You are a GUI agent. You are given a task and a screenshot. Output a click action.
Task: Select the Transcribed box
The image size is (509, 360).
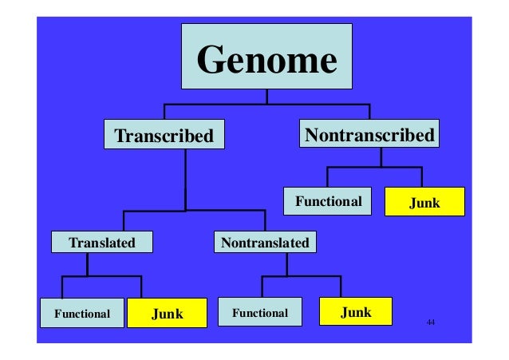pos(164,135)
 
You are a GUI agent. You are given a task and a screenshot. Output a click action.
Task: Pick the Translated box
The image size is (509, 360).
pos(101,241)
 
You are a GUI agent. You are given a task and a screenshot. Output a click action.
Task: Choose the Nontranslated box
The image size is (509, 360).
pos(264,241)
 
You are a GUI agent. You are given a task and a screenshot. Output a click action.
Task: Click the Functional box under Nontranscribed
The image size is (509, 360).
pos(329,201)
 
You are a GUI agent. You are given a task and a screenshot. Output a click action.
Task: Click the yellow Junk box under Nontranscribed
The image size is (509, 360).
pos(424,203)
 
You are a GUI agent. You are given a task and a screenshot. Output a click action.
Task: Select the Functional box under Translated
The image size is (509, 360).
pos(81,313)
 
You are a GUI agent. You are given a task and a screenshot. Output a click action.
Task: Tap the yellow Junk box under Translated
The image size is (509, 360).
pos(167,313)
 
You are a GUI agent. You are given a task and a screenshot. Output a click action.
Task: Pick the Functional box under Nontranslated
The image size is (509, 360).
pos(259,312)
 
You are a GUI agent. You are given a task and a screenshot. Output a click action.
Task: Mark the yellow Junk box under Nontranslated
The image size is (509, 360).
pos(356,311)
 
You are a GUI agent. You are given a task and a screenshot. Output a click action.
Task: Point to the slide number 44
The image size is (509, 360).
pos(431,321)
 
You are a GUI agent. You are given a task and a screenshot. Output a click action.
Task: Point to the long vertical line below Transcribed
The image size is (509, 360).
pos(186,180)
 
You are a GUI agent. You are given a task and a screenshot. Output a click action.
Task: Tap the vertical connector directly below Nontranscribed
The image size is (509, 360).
pos(381,157)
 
